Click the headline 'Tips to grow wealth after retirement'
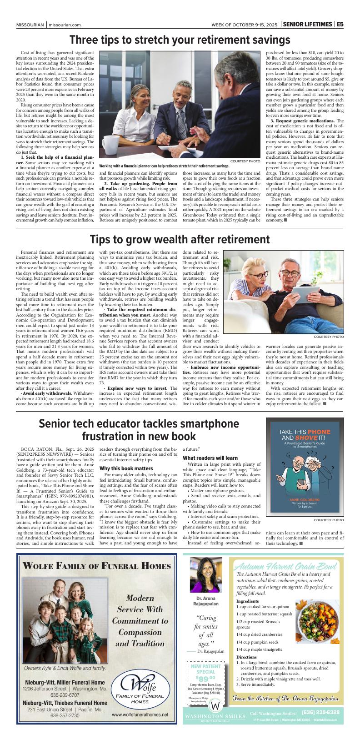180,239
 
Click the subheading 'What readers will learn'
210,458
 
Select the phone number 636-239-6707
65,695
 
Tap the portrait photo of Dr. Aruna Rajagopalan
206,574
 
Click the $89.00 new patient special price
205,679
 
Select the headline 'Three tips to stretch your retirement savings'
180,40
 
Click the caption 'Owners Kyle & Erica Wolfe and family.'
65,668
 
